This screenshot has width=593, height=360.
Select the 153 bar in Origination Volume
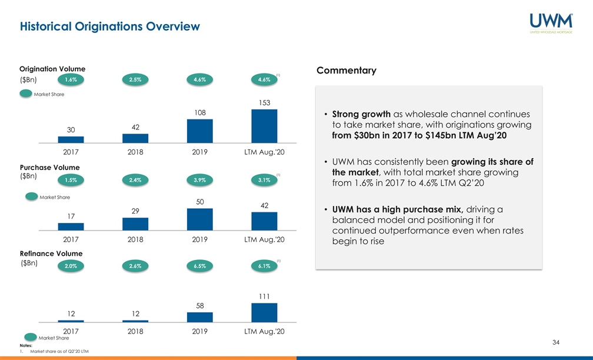click(264, 126)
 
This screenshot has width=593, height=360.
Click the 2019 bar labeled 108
click(200, 131)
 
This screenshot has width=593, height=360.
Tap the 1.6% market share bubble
click(71, 80)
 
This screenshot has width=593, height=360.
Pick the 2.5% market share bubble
click(135, 80)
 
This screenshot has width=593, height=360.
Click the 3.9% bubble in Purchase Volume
click(199, 180)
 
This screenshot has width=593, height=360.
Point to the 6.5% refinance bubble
click(199, 266)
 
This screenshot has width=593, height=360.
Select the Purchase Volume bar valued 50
click(200, 219)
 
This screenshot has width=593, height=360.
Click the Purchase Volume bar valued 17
click(71, 226)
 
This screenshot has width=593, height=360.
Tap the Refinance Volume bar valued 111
click(264, 312)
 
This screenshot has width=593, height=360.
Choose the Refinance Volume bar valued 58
click(200, 317)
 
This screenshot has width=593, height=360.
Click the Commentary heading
click(347, 71)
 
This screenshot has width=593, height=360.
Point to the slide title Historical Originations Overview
click(110, 26)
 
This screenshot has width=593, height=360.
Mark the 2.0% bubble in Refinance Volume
click(71, 266)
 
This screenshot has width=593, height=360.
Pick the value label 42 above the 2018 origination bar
click(135, 127)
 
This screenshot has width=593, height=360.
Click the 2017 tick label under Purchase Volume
click(71, 239)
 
